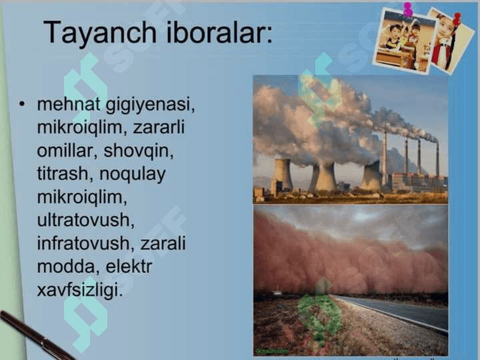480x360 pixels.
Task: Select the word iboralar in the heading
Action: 219,32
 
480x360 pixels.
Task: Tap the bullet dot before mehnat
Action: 22,104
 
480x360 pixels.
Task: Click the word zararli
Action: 159,127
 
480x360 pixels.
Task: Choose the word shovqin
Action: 139,151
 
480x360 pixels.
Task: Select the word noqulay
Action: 132,175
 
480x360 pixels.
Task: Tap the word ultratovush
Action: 86,220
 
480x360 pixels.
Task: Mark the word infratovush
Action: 85,243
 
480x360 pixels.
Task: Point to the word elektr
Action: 129,266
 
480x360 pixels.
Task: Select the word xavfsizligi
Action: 79,290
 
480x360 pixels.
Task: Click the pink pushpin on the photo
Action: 408,9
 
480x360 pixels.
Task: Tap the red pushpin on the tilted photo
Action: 457,19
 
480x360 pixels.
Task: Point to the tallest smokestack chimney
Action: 385,159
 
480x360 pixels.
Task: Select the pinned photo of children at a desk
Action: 404,41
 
